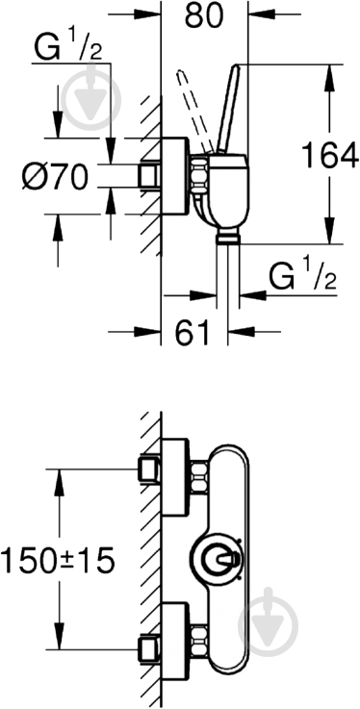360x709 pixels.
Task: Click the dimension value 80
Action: coord(204,15)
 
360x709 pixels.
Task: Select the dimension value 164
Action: coord(330,155)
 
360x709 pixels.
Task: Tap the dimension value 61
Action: coord(193,332)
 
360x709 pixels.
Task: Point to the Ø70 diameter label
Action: coord(54,177)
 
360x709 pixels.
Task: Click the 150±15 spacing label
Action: coord(58,560)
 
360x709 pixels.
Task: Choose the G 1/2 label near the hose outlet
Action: coord(303,278)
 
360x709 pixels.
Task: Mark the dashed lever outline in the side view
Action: coord(195,112)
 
